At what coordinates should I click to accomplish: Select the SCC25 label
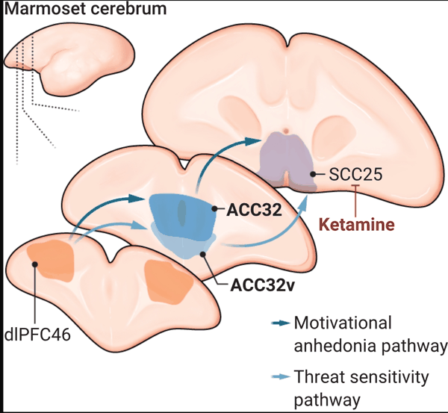[355, 176]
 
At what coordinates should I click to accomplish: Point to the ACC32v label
[264, 285]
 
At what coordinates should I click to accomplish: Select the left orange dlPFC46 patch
[52, 261]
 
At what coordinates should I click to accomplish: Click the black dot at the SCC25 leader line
[312, 176]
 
